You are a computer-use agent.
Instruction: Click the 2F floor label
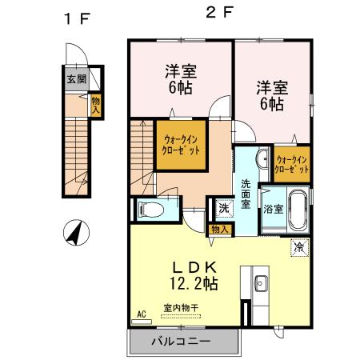(x=218, y=13)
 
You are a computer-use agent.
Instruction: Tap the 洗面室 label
(x=246, y=193)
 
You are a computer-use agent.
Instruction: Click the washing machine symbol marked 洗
(x=222, y=208)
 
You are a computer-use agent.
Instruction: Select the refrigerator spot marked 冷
(x=299, y=247)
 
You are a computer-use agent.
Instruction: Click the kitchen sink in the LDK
(x=260, y=283)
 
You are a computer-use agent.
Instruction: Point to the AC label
(x=142, y=314)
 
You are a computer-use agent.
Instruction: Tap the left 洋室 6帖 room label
(x=180, y=79)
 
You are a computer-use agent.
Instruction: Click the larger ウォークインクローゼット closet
(x=178, y=144)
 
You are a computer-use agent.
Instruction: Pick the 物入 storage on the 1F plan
(x=96, y=105)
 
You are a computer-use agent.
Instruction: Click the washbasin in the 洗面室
(x=262, y=158)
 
